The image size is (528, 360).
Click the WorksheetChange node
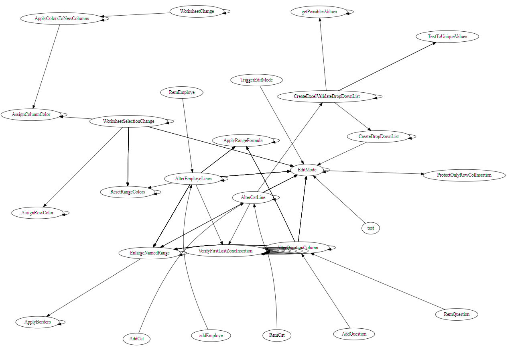click(x=197, y=11)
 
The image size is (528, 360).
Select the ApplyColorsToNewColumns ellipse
click(x=61, y=18)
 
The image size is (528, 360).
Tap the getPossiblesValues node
click(x=319, y=12)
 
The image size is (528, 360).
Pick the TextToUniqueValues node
click(x=447, y=37)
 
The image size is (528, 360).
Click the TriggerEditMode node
click(x=256, y=80)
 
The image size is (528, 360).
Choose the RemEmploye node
click(x=181, y=93)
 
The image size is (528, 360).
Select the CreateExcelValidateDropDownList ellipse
click(x=326, y=96)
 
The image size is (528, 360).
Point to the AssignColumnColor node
click(x=31, y=114)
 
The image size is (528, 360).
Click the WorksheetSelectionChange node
click(x=128, y=121)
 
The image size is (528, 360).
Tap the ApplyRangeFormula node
click(x=243, y=140)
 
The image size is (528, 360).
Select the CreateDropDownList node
click(x=378, y=136)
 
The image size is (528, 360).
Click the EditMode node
click(x=307, y=170)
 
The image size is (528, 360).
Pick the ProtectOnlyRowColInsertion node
click(x=464, y=175)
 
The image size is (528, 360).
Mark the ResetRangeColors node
click(x=128, y=192)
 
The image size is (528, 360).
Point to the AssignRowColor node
click(x=37, y=213)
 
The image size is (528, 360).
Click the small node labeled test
click(x=370, y=228)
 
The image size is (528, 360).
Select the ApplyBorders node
click(x=37, y=322)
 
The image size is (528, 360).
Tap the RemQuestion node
click(x=456, y=314)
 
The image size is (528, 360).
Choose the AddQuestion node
click(x=353, y=334)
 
